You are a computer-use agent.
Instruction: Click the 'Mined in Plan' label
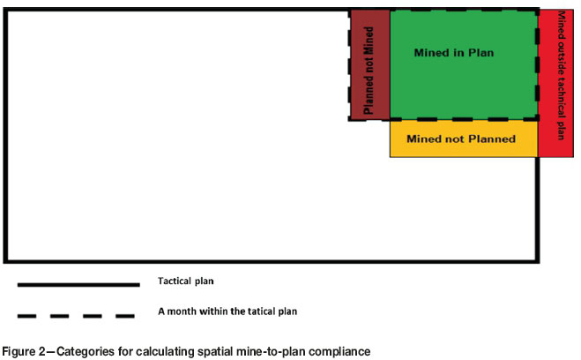coord(453,53)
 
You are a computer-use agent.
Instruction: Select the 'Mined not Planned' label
coord(461,139)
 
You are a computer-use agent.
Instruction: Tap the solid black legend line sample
coord(78,284)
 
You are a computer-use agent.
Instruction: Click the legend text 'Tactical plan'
coord(186,281)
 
